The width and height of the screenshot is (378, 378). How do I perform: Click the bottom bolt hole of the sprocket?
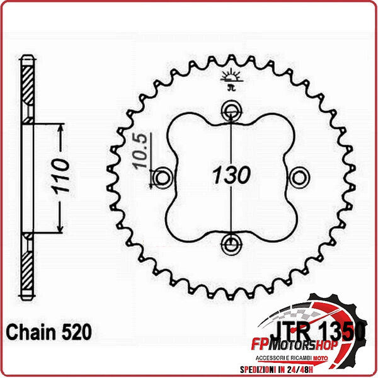(x=231, y=242)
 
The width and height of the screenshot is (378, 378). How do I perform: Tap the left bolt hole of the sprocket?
(x=163, y=178)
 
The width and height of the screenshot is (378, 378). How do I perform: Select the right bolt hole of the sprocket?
(x=299, y=177)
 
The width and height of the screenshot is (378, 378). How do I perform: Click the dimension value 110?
(x=60, y=179)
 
